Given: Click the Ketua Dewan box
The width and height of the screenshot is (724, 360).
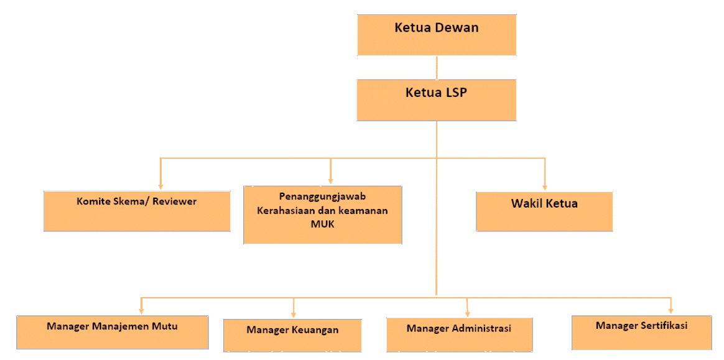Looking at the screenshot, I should tap(437, 35).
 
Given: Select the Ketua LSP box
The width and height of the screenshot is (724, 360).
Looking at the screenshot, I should tap(436, 99).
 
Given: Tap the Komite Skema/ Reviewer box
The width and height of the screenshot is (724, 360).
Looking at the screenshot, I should tap(137, 211).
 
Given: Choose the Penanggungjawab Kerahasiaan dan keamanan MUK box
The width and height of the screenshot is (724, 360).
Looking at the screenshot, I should tap(322, 214).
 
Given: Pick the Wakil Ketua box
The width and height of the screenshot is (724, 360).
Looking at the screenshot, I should tap(544, 211).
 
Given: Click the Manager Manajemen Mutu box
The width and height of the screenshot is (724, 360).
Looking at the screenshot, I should tap(112, 332).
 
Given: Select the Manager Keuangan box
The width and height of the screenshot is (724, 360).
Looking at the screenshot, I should tap(292, 335).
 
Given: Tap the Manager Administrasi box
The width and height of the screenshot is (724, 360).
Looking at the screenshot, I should tap(459, 335).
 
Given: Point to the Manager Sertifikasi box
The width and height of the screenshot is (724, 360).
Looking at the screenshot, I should tap(641, 332).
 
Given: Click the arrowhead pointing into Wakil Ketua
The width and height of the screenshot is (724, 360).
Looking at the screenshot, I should tap(545, 186).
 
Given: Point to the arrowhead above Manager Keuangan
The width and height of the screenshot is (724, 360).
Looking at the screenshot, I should tap(294, 313).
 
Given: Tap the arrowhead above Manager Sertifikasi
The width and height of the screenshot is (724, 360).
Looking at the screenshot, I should tap(671, 310).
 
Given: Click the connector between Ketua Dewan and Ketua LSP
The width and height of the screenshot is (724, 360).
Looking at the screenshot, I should tap(437, 67).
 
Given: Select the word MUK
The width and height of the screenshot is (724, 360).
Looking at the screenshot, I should tap(322, 224).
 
